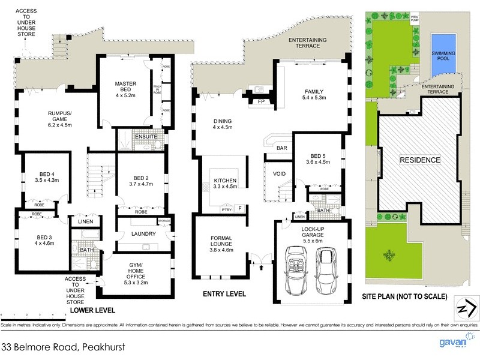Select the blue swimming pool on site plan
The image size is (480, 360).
tap(443, 54)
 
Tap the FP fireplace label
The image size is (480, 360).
tap(260, 101)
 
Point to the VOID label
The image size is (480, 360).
tap(279, 174)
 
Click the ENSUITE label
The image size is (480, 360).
tap(146, 137)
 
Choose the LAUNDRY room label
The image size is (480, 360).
tap(143, 234)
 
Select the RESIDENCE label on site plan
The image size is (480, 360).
tap(420, 160)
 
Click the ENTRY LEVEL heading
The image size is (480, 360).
tap(225, 294)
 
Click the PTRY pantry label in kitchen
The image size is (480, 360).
tap(227, 209)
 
